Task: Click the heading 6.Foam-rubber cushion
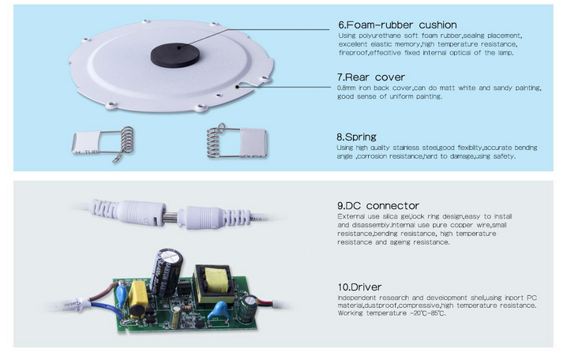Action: click(396, 24)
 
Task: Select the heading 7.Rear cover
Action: click(370, 77)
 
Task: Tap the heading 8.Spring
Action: click(356, 137)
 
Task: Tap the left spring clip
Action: click(95, 142)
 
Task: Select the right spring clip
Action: click(237, 142)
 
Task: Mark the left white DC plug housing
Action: click(119, 212)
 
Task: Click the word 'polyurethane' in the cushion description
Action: click(376, 36)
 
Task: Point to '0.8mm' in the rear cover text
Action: click(348, 88)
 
